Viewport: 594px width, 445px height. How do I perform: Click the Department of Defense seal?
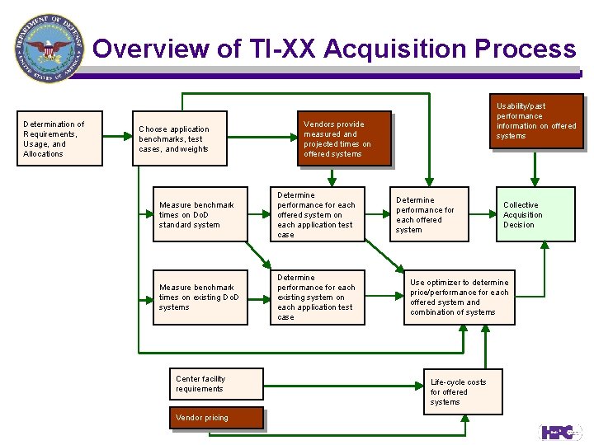(x=49, y=49)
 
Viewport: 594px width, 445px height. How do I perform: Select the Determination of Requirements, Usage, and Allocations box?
(x=62, y=138)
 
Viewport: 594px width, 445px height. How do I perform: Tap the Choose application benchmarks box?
(x=180, y=138)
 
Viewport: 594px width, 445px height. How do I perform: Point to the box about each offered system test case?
(x=318, y=214)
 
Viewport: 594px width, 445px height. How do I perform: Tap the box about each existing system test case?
(x=318, y=297)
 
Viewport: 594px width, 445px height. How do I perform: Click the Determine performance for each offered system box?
(x=429, y=214)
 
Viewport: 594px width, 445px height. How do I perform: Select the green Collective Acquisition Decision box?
(x=535, y=214)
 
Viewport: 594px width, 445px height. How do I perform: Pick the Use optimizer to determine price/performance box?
(x=459, y=297)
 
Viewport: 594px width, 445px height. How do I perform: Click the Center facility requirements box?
(x=216, y=384)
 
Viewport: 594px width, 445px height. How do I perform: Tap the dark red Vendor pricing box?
(x=216, y=418)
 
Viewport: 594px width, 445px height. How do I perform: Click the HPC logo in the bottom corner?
(x=560, y=431)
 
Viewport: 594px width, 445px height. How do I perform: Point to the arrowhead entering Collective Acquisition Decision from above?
(x=535, y=182)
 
